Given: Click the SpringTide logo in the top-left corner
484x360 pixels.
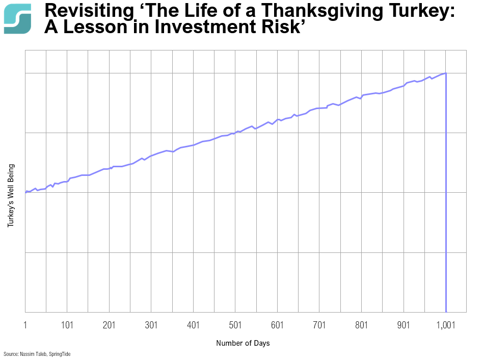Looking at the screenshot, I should [17, 19].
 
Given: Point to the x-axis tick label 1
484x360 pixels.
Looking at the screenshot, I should [25, 324].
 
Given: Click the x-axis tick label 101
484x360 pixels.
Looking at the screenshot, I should [67, 324].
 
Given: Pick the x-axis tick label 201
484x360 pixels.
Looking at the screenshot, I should [109, 324].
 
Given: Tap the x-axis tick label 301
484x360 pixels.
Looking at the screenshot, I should [151, 324].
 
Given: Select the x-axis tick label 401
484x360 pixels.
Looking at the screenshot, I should [193, 324].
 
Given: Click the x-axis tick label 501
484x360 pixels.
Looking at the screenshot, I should [235, 324].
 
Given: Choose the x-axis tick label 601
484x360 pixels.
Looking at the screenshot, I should [277, 324].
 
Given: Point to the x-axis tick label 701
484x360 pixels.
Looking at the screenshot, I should [319, 324].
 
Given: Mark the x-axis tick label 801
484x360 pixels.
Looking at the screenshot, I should [361, 324].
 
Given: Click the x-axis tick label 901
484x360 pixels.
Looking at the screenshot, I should [404, 324].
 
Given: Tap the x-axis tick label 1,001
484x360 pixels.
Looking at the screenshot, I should [446, 324].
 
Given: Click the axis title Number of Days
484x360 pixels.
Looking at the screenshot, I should [243, 343].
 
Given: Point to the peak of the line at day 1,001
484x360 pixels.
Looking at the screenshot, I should [446, 73].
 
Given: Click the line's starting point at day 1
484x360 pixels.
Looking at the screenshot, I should [25, 193].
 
